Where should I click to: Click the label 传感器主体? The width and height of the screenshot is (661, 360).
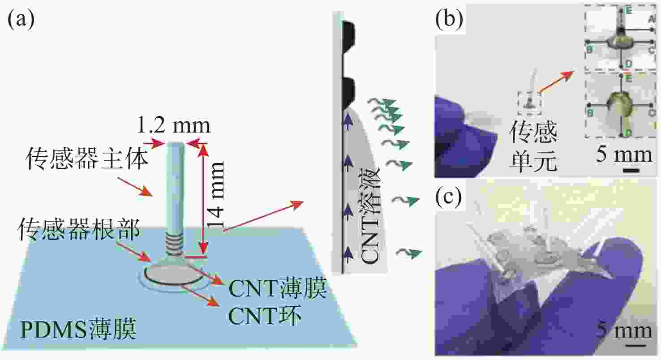tap(87, 159)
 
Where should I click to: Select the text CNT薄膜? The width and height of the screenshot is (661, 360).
tap(278, 290)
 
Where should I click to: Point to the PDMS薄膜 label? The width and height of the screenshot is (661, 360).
tap(78, 332)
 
